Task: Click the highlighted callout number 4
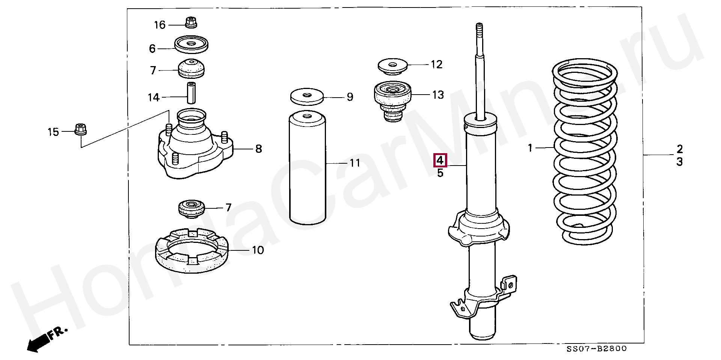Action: (440, 161)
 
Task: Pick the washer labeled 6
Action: (192, 45)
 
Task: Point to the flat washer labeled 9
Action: (307, 97)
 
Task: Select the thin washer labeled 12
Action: (392, 66)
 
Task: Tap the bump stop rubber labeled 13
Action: (393, 101)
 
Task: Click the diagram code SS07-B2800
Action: (597, 349)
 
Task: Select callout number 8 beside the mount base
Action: (258, 149)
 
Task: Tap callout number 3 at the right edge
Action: (679, 162)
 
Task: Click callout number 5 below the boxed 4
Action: (440, 173)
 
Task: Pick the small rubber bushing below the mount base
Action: (191, 209)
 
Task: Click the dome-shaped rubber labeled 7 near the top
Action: (192, 69)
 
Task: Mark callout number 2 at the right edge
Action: (679, 149)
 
